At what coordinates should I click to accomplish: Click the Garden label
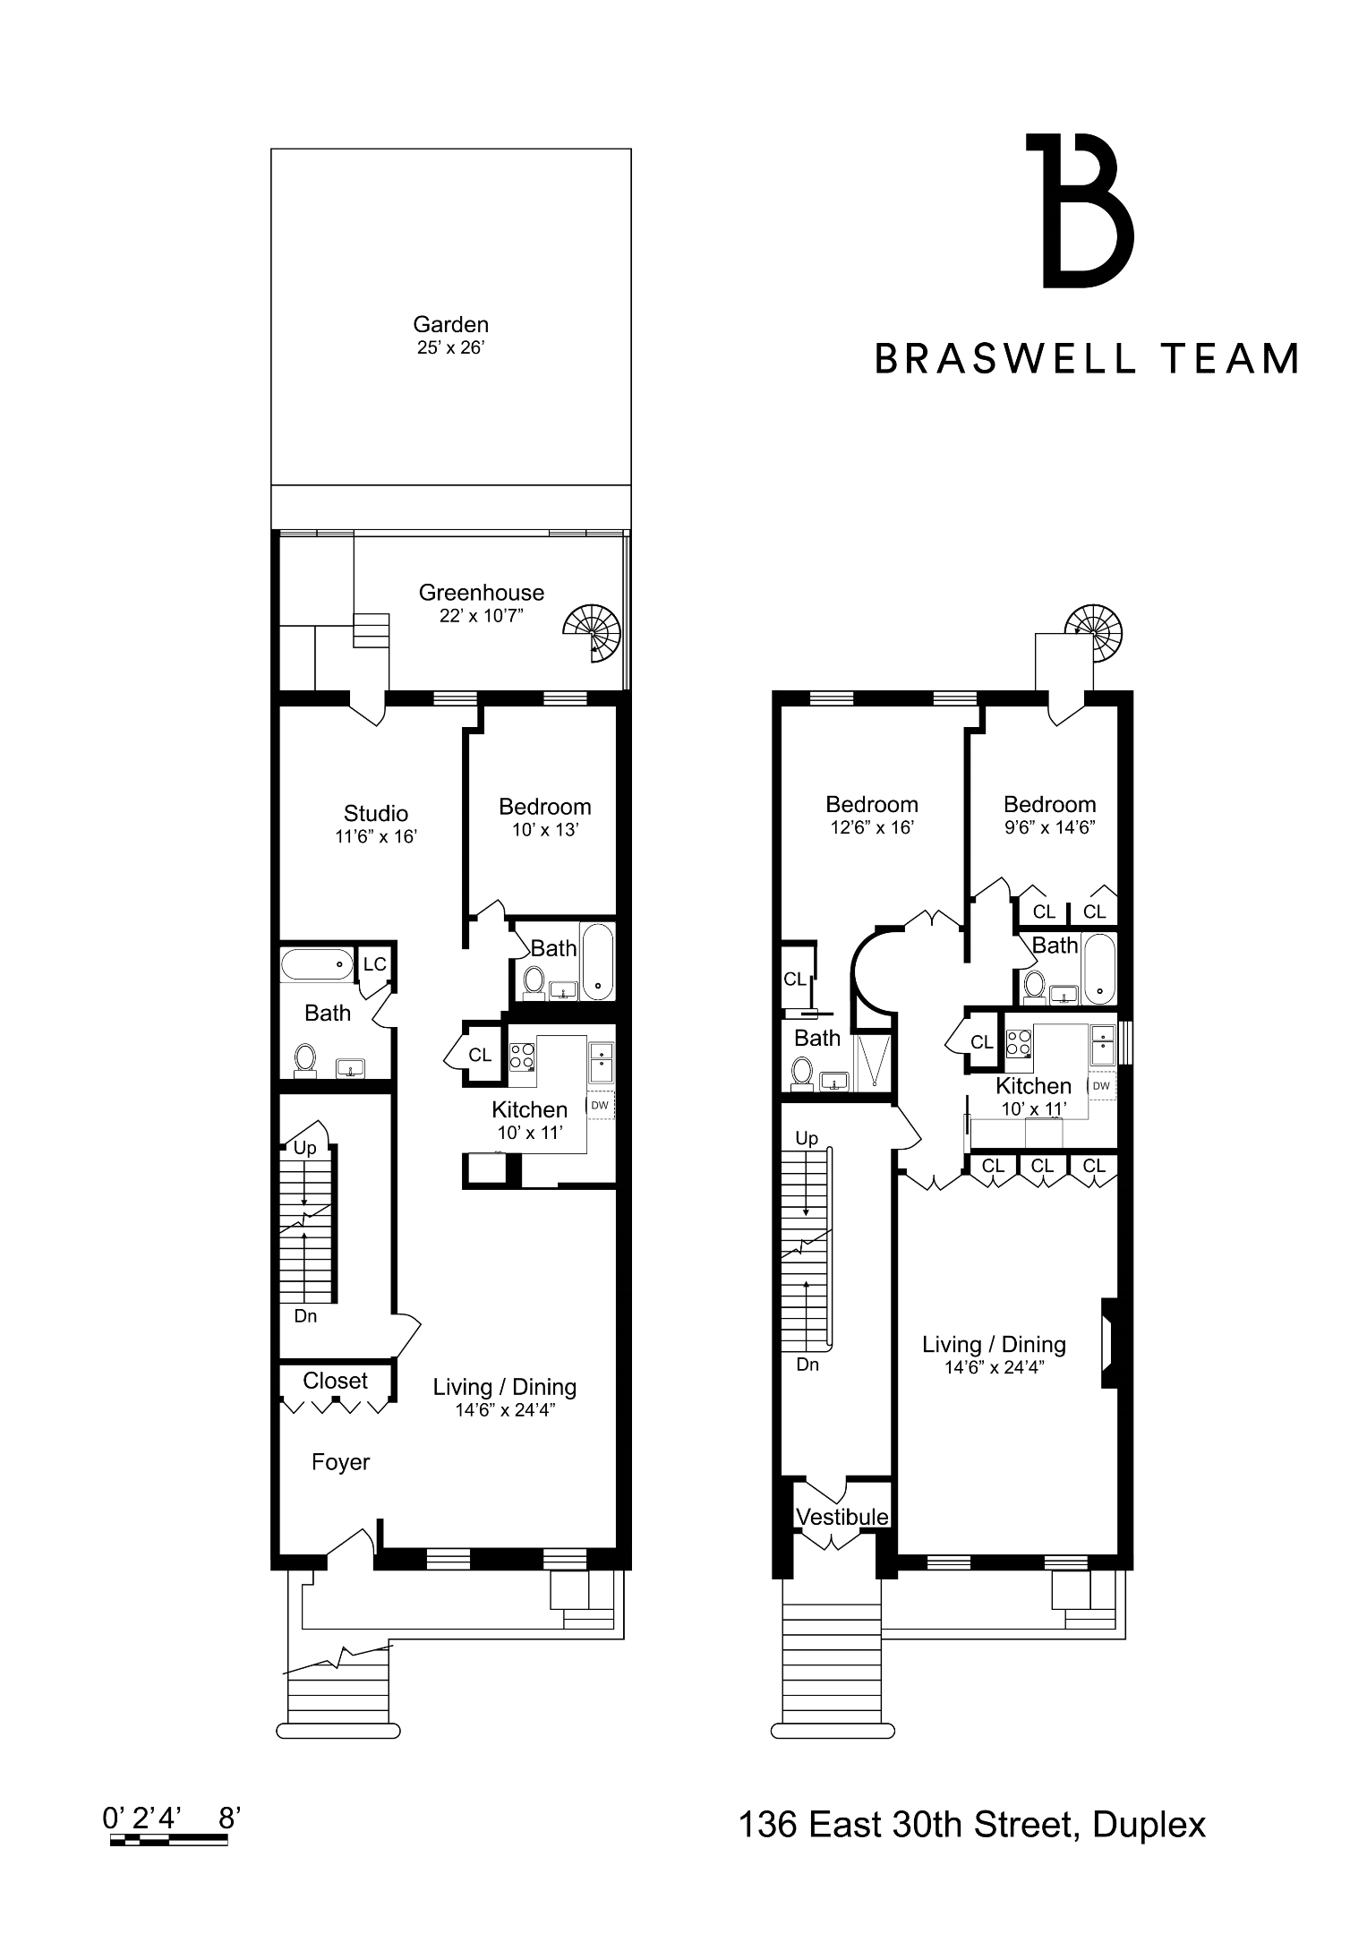pos(450,324)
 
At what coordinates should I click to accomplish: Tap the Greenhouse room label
pos(482,593)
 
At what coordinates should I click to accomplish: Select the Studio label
pos(376,813)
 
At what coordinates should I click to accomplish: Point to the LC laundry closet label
pos(374,964)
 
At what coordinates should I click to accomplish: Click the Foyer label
pos(340,1462)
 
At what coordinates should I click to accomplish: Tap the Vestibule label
pos(842,1517)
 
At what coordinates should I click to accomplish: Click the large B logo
pos(1081,210)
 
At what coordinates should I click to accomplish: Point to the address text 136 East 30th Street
pos(905,1824)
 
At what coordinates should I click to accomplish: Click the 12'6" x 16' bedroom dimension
pos(872,827)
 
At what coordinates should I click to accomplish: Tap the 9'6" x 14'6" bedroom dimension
pos(1049,826)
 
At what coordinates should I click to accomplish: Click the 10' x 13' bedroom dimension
pos(545,829)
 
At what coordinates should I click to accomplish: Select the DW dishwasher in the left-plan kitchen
pos(600,1105)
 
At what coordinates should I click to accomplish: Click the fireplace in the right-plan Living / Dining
pos(1110,1343)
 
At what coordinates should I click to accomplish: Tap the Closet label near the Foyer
pos(336,1381)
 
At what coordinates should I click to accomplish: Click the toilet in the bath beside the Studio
pos(305,1059)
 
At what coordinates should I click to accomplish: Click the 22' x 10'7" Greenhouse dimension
pos(481,615)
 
